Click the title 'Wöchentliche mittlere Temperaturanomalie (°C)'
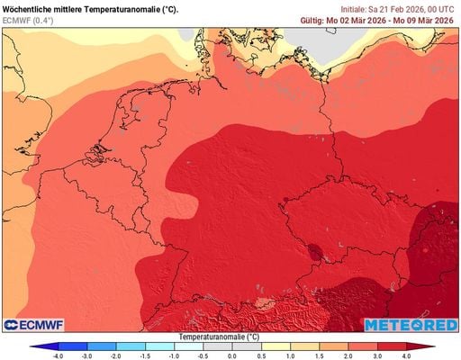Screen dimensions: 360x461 (x=90, y=8)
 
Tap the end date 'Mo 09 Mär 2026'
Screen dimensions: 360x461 (x=426, y=19)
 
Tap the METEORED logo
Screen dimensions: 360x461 (x=410, y=323)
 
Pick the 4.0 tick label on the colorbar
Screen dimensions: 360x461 (x=406, y=356)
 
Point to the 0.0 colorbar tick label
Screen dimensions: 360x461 (x=231, y=356)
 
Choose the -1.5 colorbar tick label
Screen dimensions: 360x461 (x=144, y=356)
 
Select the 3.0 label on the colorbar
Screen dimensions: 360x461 (x=377, y=356)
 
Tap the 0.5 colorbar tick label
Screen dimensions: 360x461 (x=260, y=356)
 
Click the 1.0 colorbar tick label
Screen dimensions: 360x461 (x=289, y=356)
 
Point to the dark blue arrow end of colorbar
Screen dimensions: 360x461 (x=34, y=346)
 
